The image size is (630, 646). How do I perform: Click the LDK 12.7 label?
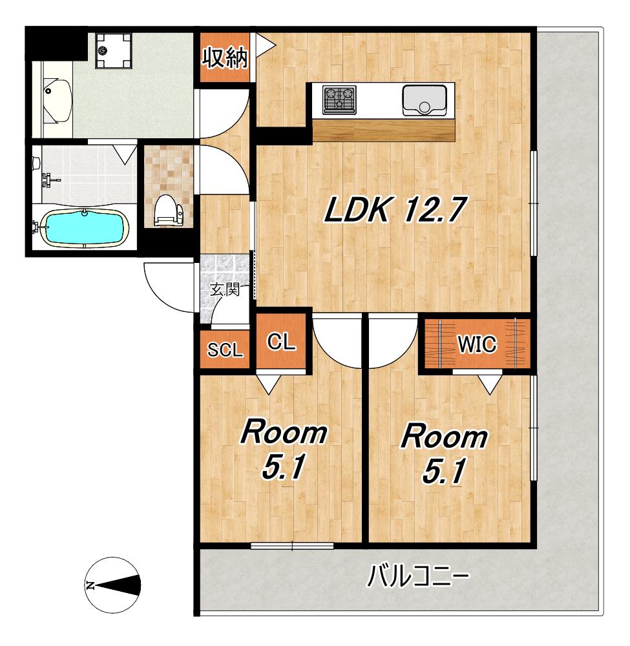coord(395,210)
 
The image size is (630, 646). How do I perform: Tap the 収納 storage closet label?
coord(225,57)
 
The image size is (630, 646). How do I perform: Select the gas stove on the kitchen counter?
coord(339,99)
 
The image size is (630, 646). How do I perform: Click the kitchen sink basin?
coord(425,100)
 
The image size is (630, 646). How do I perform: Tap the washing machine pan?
coord(113,50)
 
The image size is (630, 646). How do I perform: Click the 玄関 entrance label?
coord(225,290)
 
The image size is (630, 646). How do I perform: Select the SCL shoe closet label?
coord(225,350)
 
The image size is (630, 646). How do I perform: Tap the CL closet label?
coord(281,342)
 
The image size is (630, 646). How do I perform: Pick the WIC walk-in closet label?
coord(477,344)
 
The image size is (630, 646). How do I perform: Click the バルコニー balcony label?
coord(418,576)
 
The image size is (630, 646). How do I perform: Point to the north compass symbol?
coord(112,585)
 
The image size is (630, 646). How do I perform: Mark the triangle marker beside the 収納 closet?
coord(264,43)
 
